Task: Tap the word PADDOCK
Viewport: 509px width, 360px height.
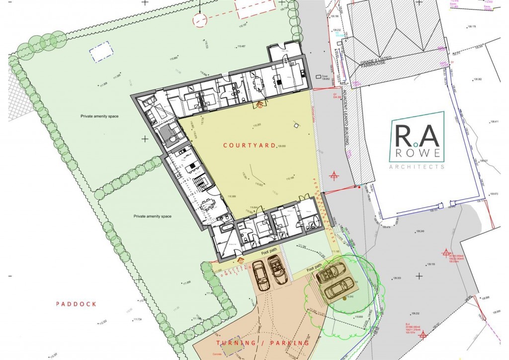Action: click(76, 304)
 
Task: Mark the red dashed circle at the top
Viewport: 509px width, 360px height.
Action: click(200, 20)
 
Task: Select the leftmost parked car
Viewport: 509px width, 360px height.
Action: click(260, 274)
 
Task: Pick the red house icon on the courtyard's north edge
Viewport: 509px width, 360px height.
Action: click(259, 104)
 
